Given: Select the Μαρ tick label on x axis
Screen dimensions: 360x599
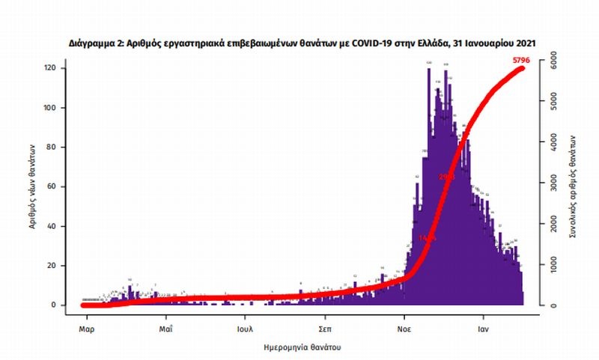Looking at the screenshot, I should point(86,328).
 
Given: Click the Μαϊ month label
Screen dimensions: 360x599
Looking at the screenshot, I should point(166,328).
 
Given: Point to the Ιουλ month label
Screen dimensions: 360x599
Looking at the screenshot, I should point(245,328).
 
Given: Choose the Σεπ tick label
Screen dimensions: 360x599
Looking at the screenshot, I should point(325,328).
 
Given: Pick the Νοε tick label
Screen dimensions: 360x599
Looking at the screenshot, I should point(404,328).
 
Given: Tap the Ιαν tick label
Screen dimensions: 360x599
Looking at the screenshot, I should point(484,328).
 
